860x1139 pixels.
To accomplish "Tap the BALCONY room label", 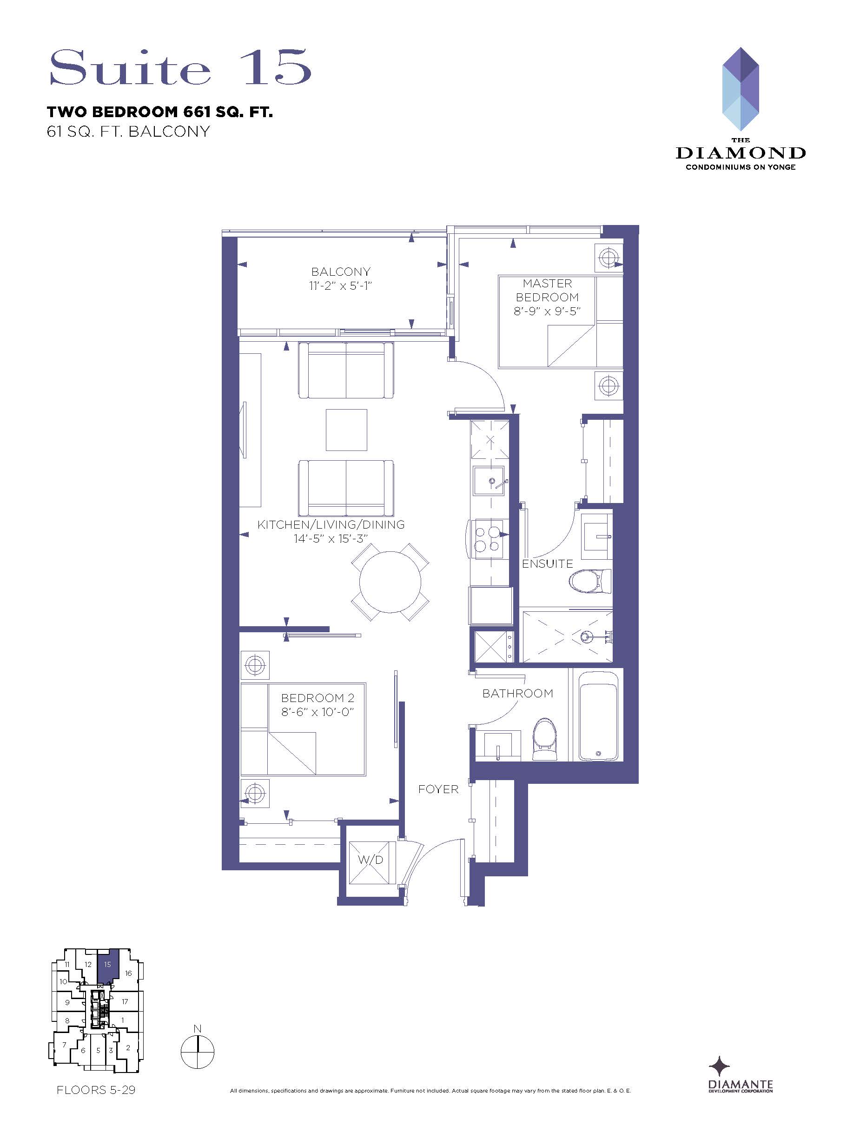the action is click(x=340, y=272).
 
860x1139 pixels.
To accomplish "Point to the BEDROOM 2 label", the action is click(x=317, y=698).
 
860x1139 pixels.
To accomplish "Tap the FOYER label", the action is click(x=438, y=789).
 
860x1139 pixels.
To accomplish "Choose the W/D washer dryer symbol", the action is click(x=370, y=861).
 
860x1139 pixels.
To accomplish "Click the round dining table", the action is click(x=390, y=582).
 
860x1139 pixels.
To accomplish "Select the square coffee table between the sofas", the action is click(x=346, y=430).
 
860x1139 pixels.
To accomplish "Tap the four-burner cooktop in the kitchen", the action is click(x=487, y=539).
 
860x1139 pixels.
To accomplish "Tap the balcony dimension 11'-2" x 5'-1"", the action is click(x=340, y=285).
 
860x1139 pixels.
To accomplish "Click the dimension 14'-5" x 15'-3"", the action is click(x=330, y=538).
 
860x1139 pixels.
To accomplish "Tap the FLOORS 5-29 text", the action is click(x=96, y=1090).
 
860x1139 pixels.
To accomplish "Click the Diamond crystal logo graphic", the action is click(x=741, y=89).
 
